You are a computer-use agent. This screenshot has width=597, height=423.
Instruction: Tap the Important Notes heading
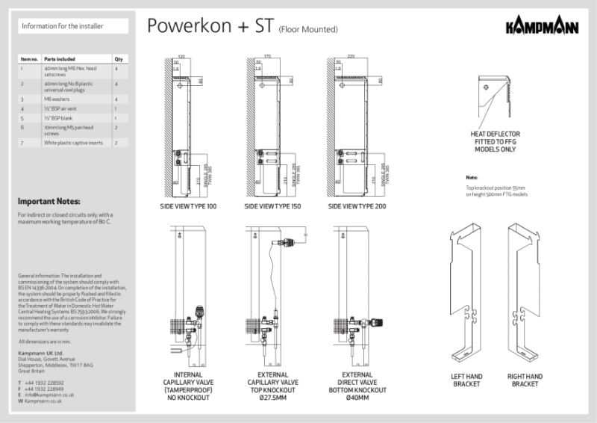coord(49,201)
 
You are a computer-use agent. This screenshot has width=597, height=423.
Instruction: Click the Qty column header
coord(117,58)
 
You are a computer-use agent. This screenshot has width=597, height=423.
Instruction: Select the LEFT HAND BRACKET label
coord(466,380)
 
